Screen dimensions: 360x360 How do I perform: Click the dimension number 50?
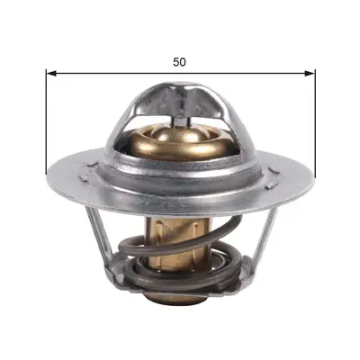click(179, 62)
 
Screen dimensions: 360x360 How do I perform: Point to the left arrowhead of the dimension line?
click(51, 73)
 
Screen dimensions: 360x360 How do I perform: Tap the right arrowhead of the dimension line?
click(310, 73)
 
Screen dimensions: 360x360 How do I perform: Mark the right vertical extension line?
click(315, 123)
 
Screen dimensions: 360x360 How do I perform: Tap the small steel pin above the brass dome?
click(179, 121)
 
